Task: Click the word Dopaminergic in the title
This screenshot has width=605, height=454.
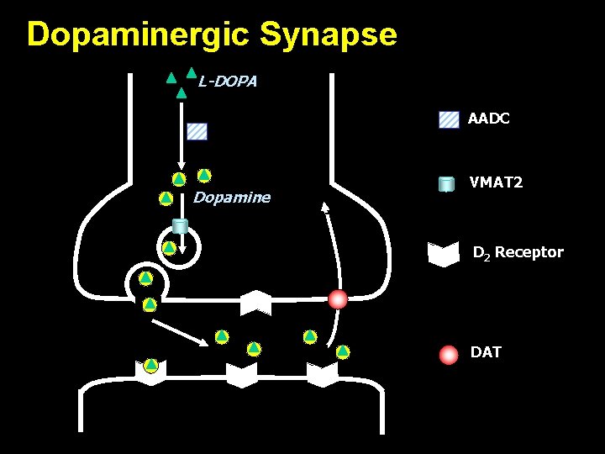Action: point(139,34)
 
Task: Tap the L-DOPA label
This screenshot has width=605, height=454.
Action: point(227,82)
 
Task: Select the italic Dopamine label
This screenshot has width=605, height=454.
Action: point(231,198)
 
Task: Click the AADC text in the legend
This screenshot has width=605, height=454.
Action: point(488,119)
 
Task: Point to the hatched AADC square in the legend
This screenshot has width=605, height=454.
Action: point(449,120)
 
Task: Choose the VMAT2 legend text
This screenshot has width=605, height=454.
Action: point(496,182)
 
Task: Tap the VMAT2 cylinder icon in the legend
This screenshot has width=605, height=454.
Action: point(447,183)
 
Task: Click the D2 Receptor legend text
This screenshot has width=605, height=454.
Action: point(518,252)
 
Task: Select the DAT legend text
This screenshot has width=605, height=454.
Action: point(486,352)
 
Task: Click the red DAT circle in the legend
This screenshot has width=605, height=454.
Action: point(450,354)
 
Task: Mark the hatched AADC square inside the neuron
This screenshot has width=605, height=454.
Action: point(197,131)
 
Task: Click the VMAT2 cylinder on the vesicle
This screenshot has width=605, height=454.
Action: point(180,225)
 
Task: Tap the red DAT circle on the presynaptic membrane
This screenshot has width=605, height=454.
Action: point(338,299)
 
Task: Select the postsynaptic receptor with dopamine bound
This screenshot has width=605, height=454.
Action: point(151,370)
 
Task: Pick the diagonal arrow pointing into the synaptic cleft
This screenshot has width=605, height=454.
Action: point(181,330)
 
